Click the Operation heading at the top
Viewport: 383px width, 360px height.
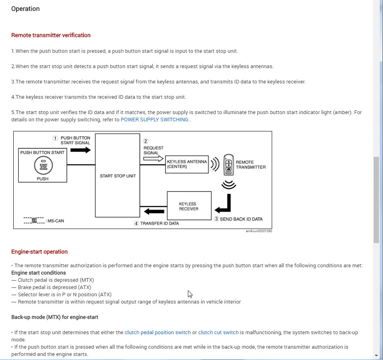pyautogui.click(x=25, y=9)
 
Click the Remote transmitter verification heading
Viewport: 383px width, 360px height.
pyautogui.click(x=51, y=35)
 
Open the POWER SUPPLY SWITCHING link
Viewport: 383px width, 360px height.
pyautogui.click(x=154, y=120)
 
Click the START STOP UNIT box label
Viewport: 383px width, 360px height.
pyautogui.click(x=118, y=176)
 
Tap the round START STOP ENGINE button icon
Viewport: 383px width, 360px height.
pyautogui.click(x=42, y=165)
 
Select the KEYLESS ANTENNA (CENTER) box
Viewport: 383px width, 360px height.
pyautogui.click(x=187, y=164)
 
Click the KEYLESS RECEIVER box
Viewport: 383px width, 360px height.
pyautogui.click(x=189, y=206)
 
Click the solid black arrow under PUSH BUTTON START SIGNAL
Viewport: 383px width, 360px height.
pyautogui.click(x=80, y=150)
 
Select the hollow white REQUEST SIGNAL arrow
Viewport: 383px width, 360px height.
pyautogui.click(x=152, y=159)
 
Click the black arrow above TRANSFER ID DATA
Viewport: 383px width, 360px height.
pyautogui.click(x=154, y=211)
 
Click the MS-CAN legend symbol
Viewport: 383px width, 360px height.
pyautogui.click(x=34, y=220)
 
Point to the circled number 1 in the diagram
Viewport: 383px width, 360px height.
pyautogui.click(x=56, y=138)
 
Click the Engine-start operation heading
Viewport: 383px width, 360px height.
pyautogui.click(x=40, y=252)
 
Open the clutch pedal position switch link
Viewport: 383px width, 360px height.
pyautogui.click(x=158, y=333)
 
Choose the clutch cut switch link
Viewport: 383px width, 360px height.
pyautogui.click(x=219, y=333)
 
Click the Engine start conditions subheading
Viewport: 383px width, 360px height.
pyautogui.click(x=38, y=273)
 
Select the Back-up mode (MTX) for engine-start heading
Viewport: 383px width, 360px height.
pyautogui.click(x=55, y=317)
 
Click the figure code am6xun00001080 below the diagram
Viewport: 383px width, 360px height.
pyautogui.click(x=259, y=231)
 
